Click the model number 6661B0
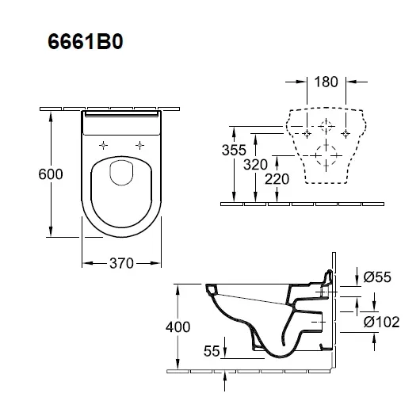coord(85,42)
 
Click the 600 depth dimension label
coord(51,174)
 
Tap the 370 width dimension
coord(121,263)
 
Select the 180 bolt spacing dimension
coord(326,82)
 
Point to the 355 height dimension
coord(234,150)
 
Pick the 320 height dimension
coord(255,164)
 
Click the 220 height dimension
coord(277,179)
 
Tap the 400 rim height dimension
coord(178,326)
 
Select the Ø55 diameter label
coord(377,277)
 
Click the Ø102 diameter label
coord(381,322)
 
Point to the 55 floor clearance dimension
coord(212,350)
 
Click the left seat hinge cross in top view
coord(103,146)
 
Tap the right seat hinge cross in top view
coord(139,146)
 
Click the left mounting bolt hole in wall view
coord(307,133)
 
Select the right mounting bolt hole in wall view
coord(346,133)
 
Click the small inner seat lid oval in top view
coord(110,173)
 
